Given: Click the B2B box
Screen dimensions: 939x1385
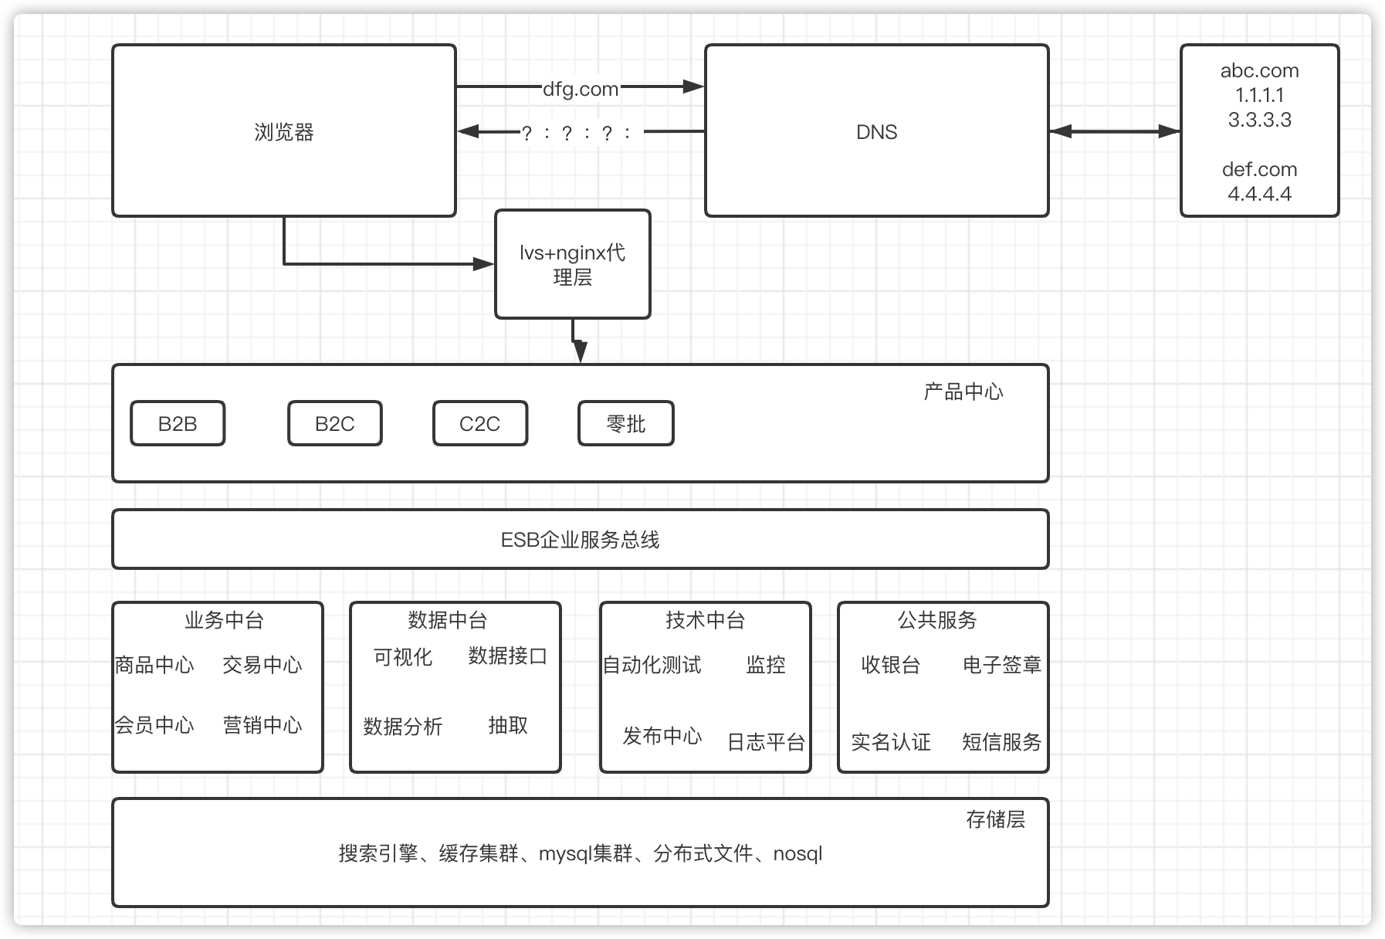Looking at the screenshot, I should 178,424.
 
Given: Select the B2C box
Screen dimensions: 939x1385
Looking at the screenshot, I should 334,424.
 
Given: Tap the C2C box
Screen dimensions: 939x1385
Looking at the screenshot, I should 479,424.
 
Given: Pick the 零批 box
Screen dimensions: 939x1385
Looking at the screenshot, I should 625,424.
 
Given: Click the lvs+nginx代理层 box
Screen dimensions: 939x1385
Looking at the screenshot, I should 572,265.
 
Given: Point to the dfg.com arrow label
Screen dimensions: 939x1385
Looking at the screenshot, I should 581,89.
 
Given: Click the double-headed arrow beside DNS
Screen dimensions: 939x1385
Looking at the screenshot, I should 1114,132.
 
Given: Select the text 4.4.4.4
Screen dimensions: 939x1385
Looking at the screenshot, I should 1259,194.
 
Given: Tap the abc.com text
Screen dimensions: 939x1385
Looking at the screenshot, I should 1259,71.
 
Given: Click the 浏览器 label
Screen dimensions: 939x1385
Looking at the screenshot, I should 284,132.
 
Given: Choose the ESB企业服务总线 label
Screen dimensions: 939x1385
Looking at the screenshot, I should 580,540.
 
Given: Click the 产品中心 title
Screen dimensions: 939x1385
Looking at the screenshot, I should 963,392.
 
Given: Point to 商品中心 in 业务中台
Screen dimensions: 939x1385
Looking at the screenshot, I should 154,665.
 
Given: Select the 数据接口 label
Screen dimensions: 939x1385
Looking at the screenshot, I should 507,656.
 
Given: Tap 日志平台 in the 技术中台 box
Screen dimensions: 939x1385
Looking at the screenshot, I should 766,742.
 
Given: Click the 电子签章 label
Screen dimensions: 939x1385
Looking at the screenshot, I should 1001,665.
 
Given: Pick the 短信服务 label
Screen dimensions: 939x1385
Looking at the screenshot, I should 1001,742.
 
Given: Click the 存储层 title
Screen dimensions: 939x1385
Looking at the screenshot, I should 995,819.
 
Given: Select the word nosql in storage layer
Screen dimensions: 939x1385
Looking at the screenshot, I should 797,854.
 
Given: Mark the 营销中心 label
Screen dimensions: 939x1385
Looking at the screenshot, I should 262,725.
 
